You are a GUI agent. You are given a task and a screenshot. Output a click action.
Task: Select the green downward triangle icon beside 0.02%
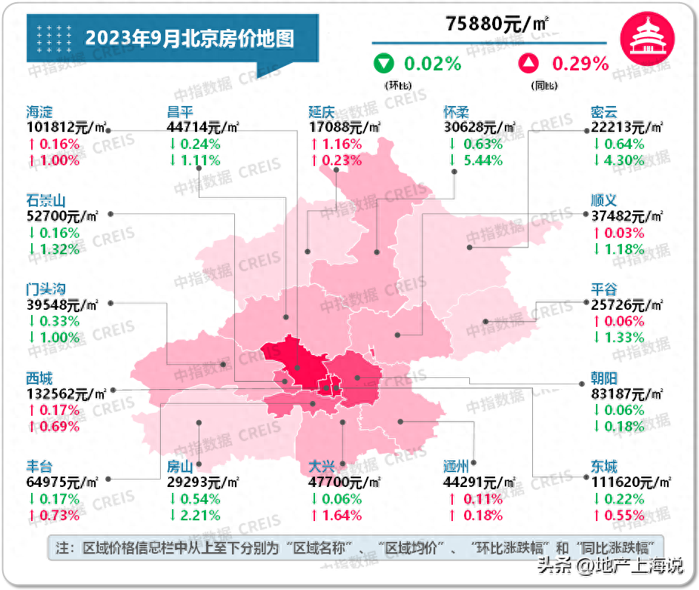(x=384, y=64)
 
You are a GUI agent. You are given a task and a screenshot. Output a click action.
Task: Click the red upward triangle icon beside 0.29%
(x=528, y=64)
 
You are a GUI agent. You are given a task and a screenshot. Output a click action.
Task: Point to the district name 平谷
(x=604, y=289)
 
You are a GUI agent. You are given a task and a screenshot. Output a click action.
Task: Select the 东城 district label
(x=604, y=466)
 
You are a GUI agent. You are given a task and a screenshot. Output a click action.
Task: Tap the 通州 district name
(x=457, y=466)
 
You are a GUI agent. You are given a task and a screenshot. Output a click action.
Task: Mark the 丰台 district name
(x=39, y=466)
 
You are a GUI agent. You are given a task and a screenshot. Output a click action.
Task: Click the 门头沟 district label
(x=47, y=289)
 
